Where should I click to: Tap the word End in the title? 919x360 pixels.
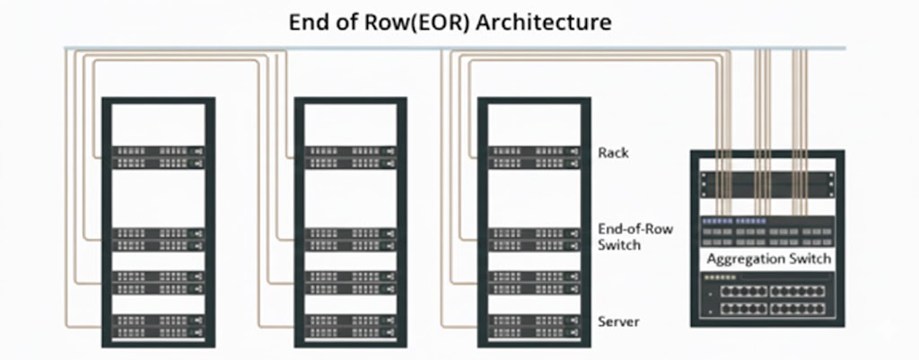pos(308,22)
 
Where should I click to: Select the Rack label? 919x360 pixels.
pos(613,153)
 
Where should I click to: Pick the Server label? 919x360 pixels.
pos(617,320)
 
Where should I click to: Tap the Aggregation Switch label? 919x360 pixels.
pos(769,259)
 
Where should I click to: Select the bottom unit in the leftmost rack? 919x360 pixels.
pos(158,324)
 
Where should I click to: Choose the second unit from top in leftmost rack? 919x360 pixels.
pos(158,238)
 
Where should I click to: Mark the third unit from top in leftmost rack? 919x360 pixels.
pos(158,282)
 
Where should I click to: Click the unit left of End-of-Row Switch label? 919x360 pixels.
pos(534,238)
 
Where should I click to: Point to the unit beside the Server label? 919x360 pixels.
pos(534,324)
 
